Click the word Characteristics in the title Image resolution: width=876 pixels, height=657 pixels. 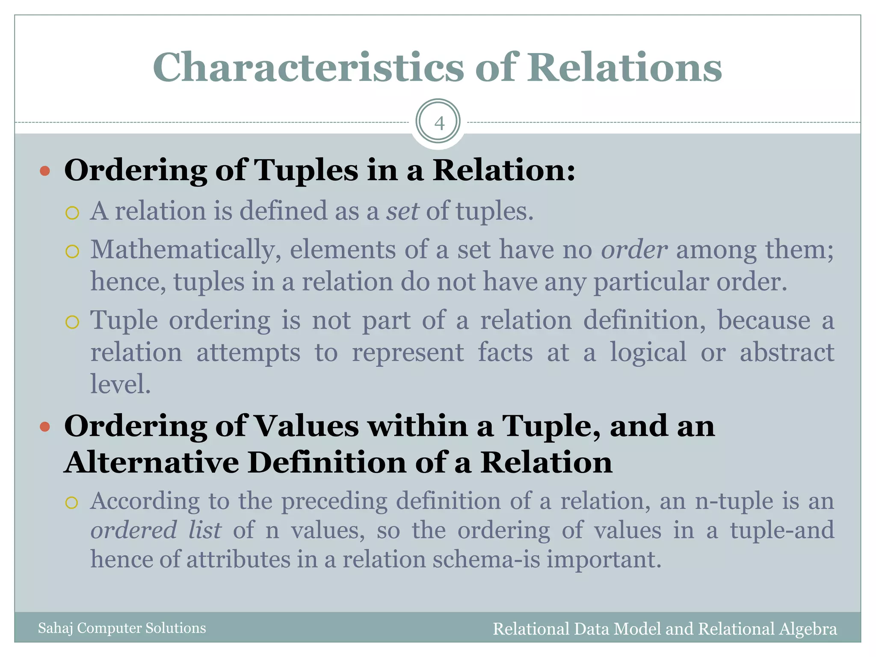click(x=308, y=68)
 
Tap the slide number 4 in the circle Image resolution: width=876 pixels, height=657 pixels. click(x=439, y=123)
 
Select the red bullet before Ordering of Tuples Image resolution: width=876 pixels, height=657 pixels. click(x=45, y=172)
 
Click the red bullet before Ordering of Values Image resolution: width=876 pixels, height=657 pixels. click(x=45, y=427)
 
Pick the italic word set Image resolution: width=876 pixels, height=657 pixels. click(x=402, y=211)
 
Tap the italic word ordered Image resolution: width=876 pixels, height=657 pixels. click(x=133, y=530)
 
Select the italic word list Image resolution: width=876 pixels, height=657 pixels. click(x=205, y=530)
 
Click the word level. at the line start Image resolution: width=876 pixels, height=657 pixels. click(x=121, y=384)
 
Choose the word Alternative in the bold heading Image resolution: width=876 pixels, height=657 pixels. click(x=151, y=463)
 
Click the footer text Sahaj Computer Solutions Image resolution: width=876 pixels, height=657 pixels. click(x=122, y=628)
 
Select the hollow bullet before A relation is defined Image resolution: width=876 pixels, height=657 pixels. click(x=72, y=213)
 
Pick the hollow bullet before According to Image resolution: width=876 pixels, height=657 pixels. click(x=72, y=503)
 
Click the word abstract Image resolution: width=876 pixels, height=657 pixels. click(x=787, y=352)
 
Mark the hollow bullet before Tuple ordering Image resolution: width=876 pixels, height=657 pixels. click(x=72, y=322)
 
